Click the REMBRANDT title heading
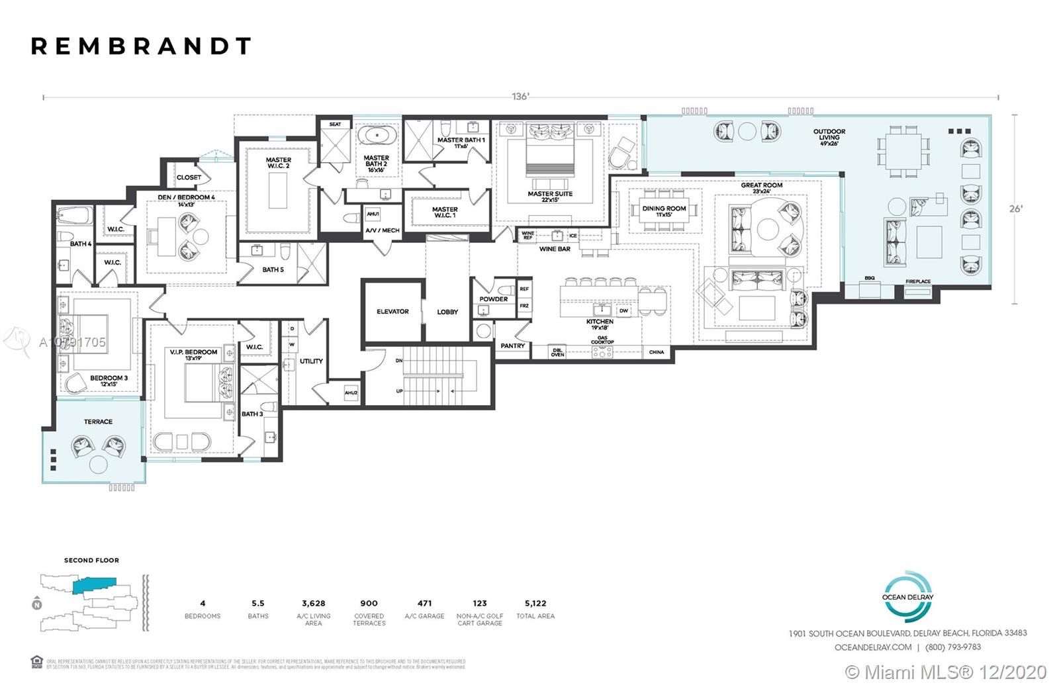pos(141,46)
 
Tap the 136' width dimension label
pos(520,97)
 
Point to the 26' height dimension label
pos(1015,208)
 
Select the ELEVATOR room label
pos(392,311)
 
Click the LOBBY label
pos(447,312)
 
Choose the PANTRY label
pos(512,345)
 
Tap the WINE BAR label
pos(555,249)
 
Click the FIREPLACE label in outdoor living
pos(918,281)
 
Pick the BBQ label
pos(870,278)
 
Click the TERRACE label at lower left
pos(98,422)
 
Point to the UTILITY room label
pos(311,361)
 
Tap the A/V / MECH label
pos(383,230)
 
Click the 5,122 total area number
pos(535,603)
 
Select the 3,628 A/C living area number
pos(313,603)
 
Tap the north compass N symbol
pos(36,604)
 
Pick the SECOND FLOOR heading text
pos(91,560)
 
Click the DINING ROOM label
pos(664,208)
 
